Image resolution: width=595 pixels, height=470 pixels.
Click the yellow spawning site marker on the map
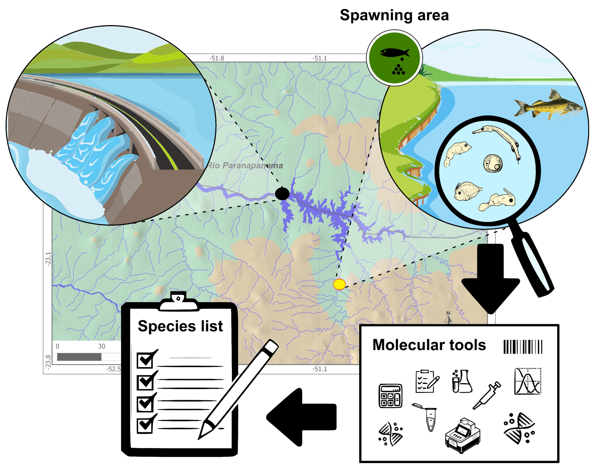point(339,284)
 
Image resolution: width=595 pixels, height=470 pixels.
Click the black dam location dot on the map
point(282,194)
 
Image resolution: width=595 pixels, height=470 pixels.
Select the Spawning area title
point(394,15)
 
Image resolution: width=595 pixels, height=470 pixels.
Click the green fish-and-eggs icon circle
point(394,58)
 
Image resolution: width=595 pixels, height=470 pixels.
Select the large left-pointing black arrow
point(301,417)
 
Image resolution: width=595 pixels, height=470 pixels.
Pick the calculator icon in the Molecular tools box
point(390,396)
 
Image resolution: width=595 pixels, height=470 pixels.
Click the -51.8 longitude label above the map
point(217,58)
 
